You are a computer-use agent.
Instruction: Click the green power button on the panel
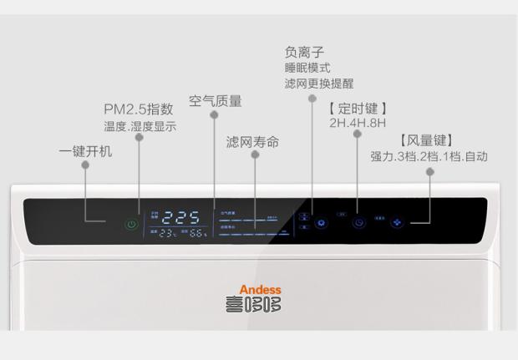click(x=130, y=224)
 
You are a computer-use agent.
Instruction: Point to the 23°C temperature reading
click(x=169, y=234)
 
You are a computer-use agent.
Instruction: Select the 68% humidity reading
click(x=197, y=234)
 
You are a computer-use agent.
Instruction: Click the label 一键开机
click(x=85, y=152)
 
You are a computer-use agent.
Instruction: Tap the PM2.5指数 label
click(x=139, y=109)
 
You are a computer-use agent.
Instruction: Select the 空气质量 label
click(x=215, y=101)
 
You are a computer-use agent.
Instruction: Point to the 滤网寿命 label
click(x=252, y=142)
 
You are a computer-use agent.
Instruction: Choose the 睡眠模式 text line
click(x=307, y=67)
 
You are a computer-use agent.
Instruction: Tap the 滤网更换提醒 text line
click(x=318, y=84)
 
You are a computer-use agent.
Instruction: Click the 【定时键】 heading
click(x=358, y=109)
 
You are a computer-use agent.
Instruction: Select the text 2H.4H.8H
click(x=358, y=124)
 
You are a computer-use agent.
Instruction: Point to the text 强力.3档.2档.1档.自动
click(x=429, y=156)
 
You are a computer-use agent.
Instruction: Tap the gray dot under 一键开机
click(x=85, y=165)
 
